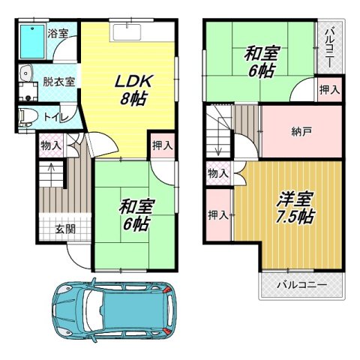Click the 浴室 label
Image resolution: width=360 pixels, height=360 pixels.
(58, 33)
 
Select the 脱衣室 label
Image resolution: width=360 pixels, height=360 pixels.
(58, 82)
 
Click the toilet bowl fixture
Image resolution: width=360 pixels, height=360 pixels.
(28, 116)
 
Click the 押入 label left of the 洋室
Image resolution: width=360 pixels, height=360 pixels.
(217, 215)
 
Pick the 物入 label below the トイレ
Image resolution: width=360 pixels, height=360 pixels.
(51, 145)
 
